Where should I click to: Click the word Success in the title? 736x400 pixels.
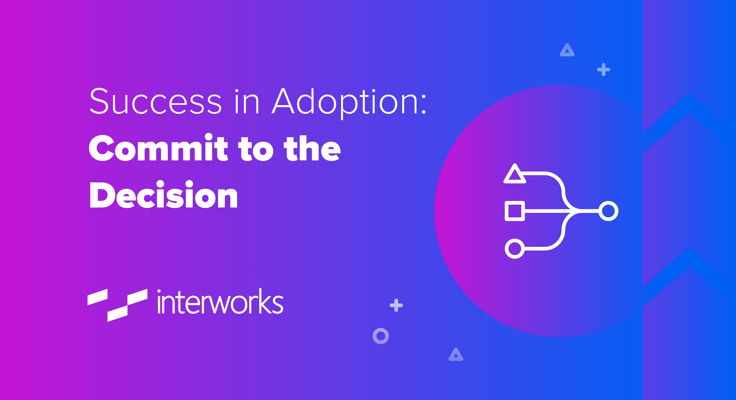[156, 101]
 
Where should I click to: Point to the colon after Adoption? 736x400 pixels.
[423, 105]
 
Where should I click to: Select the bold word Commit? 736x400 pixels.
[159, 148]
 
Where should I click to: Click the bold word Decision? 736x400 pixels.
[163, 195]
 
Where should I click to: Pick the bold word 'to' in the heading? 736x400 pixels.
[256, 148]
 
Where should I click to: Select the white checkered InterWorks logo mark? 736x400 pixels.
[117, 305]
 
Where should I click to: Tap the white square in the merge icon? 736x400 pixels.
[515, 211]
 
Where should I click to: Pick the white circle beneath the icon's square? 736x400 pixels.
[515, 248]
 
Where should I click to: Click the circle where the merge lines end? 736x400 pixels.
[608, 211]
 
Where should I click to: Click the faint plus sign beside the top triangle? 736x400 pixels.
[603, 69]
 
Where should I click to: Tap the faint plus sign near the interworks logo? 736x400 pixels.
[396, 305]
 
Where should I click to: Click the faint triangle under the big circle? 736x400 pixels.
[456, 355]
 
